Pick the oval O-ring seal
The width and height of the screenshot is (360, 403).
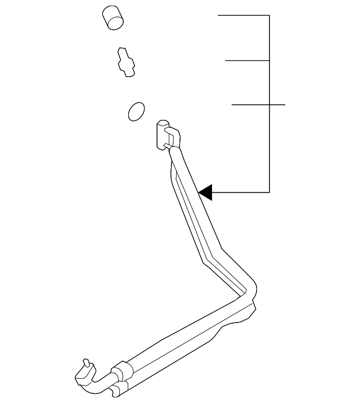136,111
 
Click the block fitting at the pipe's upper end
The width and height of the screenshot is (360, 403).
163,135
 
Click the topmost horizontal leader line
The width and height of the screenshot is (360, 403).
244,15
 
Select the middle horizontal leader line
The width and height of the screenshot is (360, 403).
247,60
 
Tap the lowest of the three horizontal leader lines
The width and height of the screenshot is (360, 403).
258,105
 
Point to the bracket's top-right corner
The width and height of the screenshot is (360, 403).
270,15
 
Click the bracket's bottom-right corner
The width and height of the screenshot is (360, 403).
270,192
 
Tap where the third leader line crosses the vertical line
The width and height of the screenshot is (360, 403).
270,105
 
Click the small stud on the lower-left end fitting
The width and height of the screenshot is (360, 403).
86,362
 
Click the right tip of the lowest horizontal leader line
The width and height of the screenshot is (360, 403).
285,105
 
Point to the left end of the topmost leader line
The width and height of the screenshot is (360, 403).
219,15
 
